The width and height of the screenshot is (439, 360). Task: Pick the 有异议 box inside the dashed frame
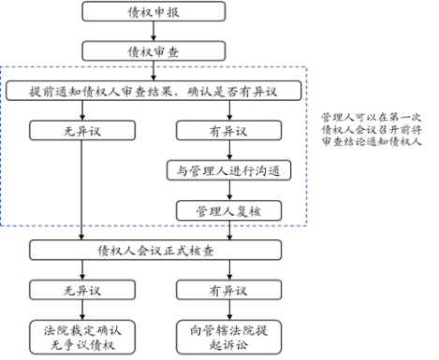click(x=227, y=132)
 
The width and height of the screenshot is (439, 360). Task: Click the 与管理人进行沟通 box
click(x=227, y=172)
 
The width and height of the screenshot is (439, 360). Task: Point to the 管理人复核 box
click(x=227, y=210)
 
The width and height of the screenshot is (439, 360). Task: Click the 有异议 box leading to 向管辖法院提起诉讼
click(x=227, y=291)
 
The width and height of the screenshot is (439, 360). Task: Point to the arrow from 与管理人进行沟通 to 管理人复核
click(x=227, y=191)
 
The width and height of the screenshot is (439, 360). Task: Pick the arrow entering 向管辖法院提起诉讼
click(x=227, y=310)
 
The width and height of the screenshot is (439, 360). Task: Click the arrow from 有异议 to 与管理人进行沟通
click(x=227, y=151)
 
